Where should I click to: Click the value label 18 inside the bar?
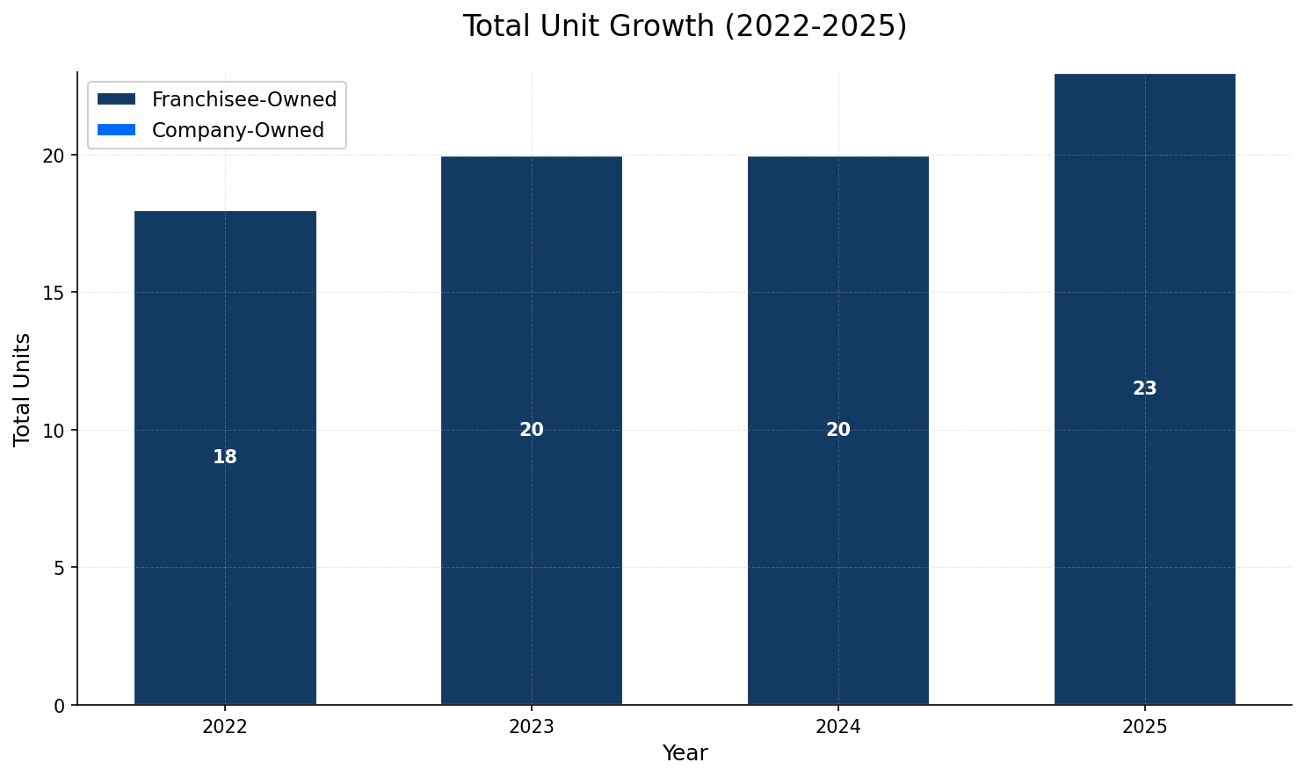[x=225, y=457]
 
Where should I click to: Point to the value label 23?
[x=1144, y=388]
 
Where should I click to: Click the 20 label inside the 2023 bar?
[x=531, y=430]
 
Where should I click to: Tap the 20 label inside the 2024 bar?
[x=837, y=430]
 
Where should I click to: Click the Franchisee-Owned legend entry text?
[x=243, y=99]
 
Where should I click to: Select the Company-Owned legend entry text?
[x=237, y=130]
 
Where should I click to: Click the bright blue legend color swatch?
[x=117, y=130]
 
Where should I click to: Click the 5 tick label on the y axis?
[x=60, y=568]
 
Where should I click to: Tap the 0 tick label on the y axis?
[x=60, y=705]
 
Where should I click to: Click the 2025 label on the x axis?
[x=1144, y=727]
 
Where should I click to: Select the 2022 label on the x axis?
[x=225, y=727]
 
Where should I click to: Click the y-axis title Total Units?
[x=23, y=389]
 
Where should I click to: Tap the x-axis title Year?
[x=685, y=753]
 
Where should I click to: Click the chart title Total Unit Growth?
[x=685, y=26]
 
